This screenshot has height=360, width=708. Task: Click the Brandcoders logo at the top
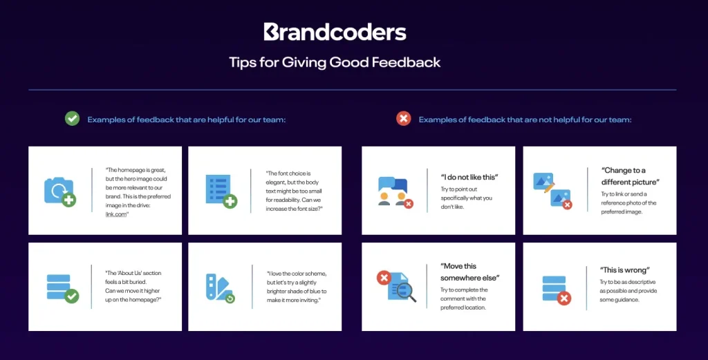[x=335, y=32]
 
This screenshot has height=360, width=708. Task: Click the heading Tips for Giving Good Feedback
[x=335, y=62]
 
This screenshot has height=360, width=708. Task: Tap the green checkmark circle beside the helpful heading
[x=72, y=119]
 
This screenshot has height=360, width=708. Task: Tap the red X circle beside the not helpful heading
[x=404, y=119]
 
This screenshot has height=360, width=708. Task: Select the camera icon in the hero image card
[x=59, y=191]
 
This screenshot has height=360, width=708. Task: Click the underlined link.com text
[x=116, y=214]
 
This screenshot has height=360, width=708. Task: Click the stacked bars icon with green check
[x=63, y=288]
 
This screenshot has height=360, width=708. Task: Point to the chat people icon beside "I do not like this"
[x=395, y=192]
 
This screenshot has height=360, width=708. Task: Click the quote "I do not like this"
[x=469, y=178]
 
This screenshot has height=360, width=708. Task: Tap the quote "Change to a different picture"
[x=631, y=176]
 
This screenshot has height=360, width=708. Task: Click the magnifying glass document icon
[x=396, y=286]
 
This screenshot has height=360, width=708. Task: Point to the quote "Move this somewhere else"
[x=470, y=272]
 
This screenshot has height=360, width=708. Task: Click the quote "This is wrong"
[x=625, y=269]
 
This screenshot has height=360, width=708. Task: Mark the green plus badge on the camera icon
[x=68, y=200]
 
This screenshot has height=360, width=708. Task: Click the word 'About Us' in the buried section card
[x=129, y=273]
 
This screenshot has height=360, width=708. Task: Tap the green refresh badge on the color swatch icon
[x=230, y=299]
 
